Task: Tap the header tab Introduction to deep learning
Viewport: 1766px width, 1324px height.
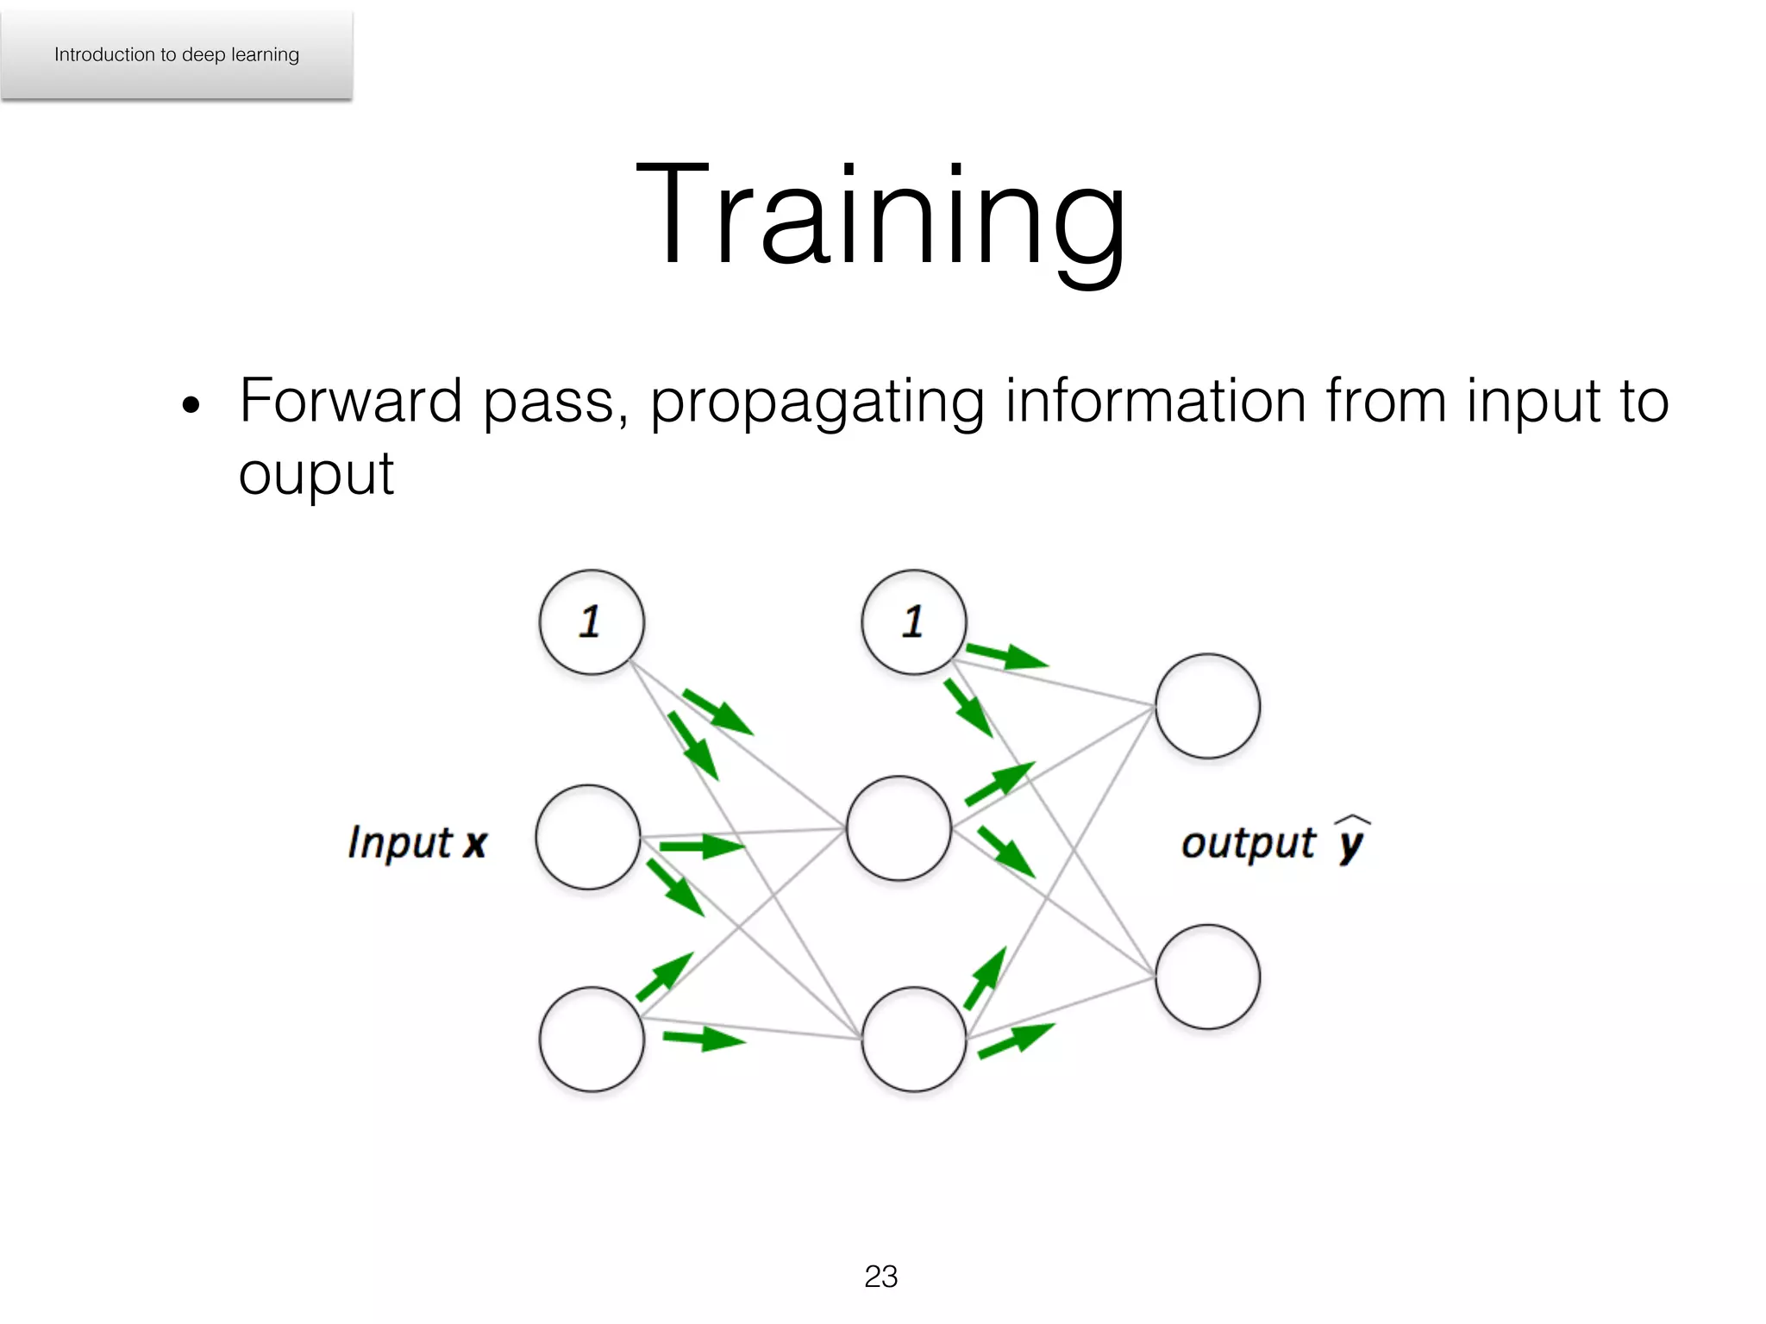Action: coord(177,55)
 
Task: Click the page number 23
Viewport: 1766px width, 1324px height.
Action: coord(880,1277)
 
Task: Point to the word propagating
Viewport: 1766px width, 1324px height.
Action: coord(817,403)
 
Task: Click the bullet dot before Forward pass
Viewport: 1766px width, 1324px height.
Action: coord(191,405)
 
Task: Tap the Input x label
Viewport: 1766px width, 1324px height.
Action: coord(417,842)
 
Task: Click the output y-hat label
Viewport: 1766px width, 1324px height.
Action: coord(1274,840)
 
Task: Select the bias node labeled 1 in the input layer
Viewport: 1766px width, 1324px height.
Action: coord(592,621)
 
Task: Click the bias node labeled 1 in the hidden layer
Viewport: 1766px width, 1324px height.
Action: coord(913,621)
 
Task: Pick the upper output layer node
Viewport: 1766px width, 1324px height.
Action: coord(1207,706)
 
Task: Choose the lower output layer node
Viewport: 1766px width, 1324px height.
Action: coord(1207,977)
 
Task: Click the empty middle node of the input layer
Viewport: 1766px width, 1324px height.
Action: coord(588,837)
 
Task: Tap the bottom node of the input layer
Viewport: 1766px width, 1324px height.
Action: coord(592,1039)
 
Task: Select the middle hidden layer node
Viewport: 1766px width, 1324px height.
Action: coord(899,828)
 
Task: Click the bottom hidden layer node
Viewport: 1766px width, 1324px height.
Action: coord(913,1039)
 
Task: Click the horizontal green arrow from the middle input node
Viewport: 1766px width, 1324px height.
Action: coord(700,846)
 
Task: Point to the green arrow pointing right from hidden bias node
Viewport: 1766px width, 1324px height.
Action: coord(1005,656)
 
